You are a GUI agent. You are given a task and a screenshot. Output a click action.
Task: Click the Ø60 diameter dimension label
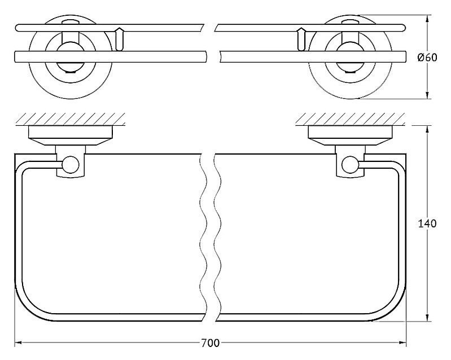click(427, 58)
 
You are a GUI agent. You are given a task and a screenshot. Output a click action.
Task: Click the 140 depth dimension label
click(427, 223)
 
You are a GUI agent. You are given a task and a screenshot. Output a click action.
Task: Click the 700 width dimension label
click(210, 343)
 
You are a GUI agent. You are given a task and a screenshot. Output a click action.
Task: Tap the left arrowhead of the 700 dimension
click(19, 343)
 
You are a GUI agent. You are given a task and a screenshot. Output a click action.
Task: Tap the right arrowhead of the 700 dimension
click(402, 343)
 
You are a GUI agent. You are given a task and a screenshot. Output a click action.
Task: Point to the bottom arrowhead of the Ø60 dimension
click(427, 95)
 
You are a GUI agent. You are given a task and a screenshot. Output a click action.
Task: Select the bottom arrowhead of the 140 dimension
click(427, 317)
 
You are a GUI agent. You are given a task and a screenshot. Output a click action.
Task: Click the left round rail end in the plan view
click(70, 165)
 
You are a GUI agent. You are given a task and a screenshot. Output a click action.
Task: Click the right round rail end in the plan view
click(351, 165)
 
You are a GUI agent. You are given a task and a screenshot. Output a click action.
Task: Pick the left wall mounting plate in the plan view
click(71, 135)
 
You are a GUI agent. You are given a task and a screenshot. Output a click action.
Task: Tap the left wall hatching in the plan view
click(71, 118)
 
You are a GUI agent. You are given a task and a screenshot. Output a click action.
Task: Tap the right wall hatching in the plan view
click(351, 118)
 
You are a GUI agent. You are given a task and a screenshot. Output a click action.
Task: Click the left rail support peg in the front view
click(119, 39)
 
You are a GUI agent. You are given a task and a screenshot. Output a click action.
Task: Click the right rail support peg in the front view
click(301, 39)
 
